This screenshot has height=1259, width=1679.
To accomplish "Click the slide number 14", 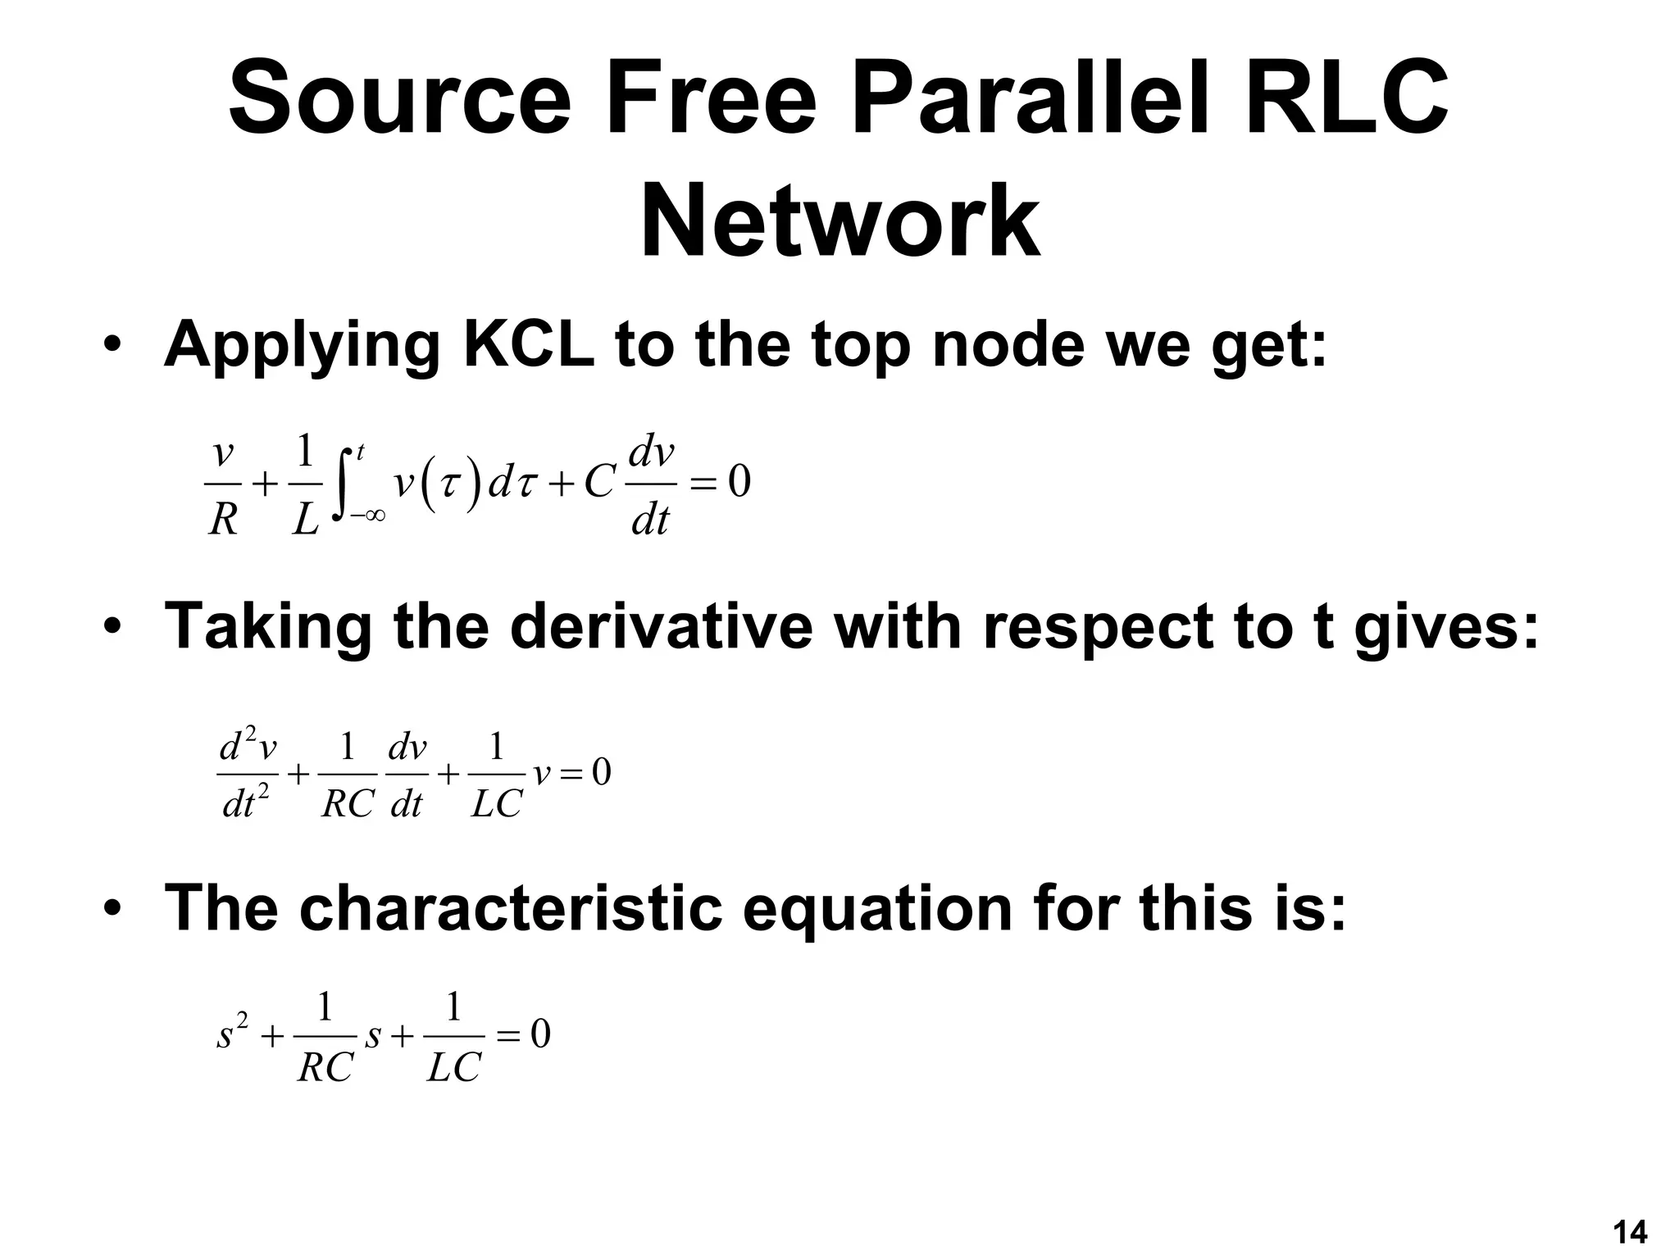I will coord(1629,1232).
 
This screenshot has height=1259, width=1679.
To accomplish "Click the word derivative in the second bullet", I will coord(662,626).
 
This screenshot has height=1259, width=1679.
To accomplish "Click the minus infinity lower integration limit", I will coord(367,516).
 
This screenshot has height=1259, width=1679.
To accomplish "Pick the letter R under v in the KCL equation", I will coord(223,520).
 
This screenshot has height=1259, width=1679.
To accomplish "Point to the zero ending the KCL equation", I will coord(739,484).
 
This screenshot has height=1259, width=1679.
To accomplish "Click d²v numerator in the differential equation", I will coord(248,747).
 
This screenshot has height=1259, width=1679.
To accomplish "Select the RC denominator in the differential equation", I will coord(348,806).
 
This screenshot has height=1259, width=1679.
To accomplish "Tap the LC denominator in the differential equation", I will coord(496,806).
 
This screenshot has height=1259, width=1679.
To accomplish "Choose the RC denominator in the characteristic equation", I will coord(325,1068).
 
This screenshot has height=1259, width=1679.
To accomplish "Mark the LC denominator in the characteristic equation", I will coord(453,1068).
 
